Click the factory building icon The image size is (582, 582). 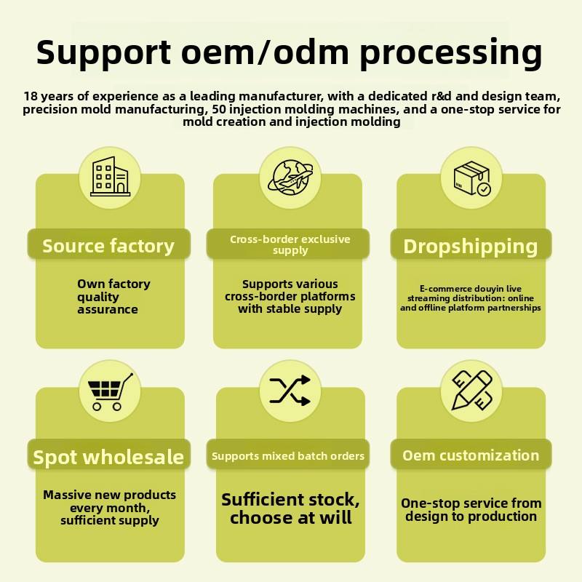pyautogui.click(x=109, y=177)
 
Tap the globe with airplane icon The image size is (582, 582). pyautogui.click(x=290, y=177)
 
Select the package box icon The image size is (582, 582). pyautogui.click(x=471, y=178)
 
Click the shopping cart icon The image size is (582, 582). pyautogui.click(x=109, y=391)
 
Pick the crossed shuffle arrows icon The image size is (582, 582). pyautogui.click(x=290, y=391)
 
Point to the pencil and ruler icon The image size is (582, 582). pyautogui.click(x=471, y=391)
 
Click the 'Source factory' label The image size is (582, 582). pyautogui.click(x=108, y=246)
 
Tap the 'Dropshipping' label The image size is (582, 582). pyautogui.click(x=471, y=246)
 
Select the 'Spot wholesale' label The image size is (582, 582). pyautogui.click(x=108, y=457)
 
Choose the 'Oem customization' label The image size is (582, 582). pyautogui.click(x=471, y=455)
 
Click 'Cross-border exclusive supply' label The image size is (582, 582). pyautogui.click(x=290, y=244)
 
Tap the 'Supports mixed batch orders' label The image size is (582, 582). pyautogui.click(x=288, y=456)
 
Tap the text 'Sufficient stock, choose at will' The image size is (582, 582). pyautogui.click(x=290, y=509)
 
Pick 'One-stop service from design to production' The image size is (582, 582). pyautogui.click(x=471, y=509)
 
